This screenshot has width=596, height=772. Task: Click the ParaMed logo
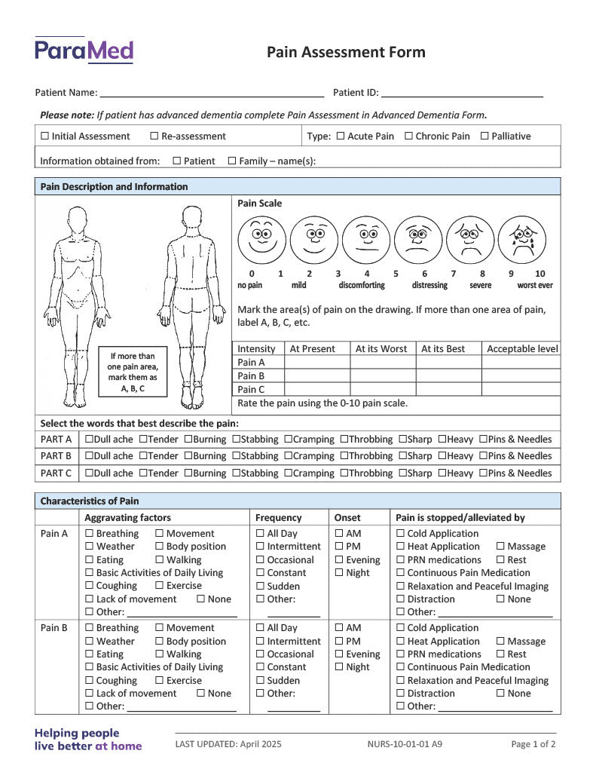[x=84, y=51]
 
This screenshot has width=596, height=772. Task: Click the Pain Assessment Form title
[x=346, y=52]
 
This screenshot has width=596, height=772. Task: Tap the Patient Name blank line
[x=212, y=93]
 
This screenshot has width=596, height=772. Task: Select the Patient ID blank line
[x=462, y=93]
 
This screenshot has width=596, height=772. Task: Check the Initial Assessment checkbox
[x=45, y=136]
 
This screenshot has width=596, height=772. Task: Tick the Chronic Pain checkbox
[x=409, y=136]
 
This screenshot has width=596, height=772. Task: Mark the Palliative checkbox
[x=484, y=136]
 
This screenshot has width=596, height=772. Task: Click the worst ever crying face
[x=521, y=240]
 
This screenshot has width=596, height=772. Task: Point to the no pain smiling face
[x=261, y=240]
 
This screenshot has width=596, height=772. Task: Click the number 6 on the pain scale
[x=424, y=274]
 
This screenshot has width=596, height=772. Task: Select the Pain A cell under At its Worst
[x=382, y=362]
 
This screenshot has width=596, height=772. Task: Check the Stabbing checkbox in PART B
[x=237, y=456]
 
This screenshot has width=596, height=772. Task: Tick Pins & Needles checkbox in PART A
[x=483, y=440]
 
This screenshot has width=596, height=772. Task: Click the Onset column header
[x=347, y=518]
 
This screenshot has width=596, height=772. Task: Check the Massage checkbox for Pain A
[x=500, y=547]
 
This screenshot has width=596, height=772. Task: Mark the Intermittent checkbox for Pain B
[x=260, y=642]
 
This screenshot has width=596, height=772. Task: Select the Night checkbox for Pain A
[x=339, y=573]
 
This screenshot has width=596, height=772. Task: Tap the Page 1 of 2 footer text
[x=533, y=744]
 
